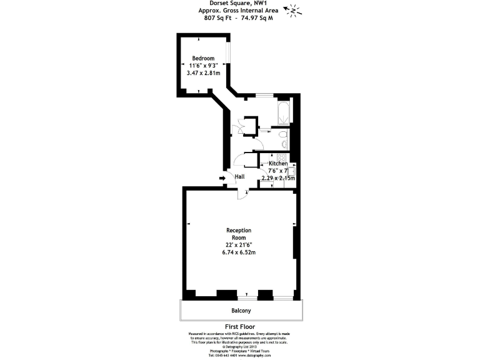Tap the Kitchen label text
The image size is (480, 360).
[278, 164]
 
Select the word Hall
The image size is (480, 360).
[239, 177]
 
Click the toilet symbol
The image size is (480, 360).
[282, 136]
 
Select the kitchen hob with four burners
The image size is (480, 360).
[281, 158]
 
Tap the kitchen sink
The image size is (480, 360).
[291, 170]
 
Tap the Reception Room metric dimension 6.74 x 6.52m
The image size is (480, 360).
[238, 252]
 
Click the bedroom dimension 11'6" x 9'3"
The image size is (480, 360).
[203, 65]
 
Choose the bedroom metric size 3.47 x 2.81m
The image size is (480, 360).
[203, 73]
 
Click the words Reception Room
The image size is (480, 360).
[239, 234]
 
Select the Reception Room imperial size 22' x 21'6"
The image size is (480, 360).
[239, 245]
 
